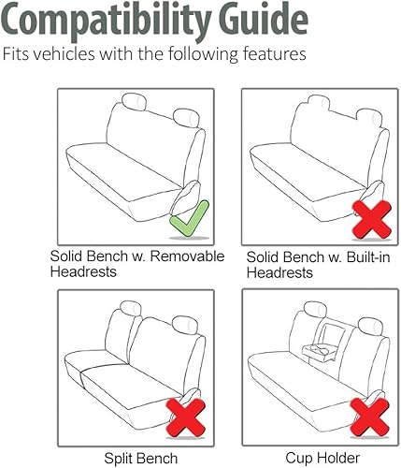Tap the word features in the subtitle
click(x=269, y=55)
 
